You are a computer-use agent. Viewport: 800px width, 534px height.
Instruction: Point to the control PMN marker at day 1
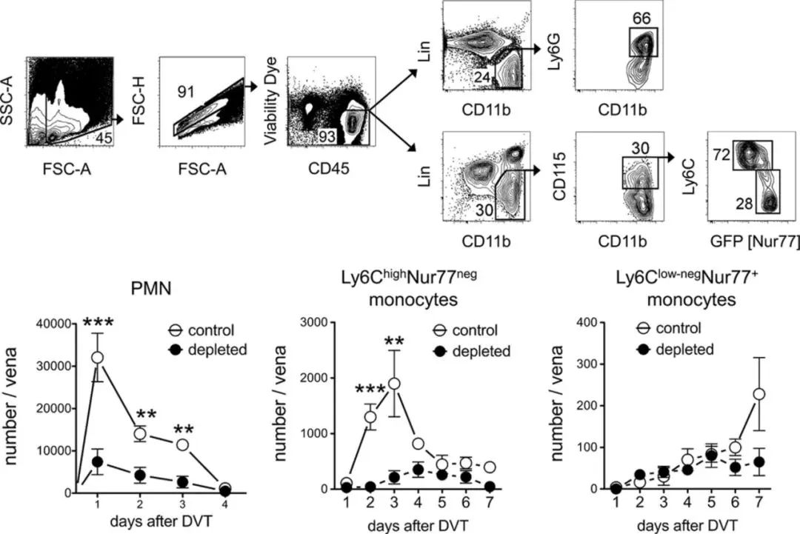click(x=96, y=357)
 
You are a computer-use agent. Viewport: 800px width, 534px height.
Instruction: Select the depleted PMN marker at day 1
click(x=96, y=461)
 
